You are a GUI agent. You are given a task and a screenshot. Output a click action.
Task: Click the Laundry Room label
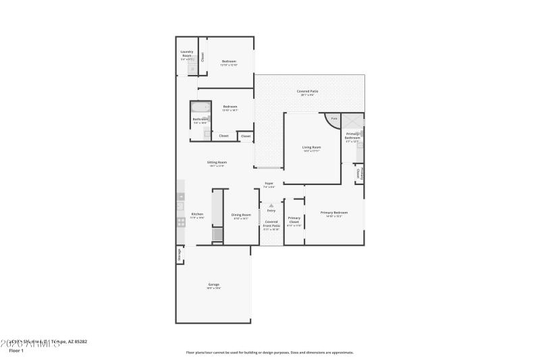pos(187,53)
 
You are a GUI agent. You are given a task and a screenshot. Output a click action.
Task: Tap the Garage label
pos(213,284)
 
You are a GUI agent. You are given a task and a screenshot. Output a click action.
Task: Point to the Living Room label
pos(311,147)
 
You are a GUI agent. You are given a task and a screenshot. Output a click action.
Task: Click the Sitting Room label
pos(217,162)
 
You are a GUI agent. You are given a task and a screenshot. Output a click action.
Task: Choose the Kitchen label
pos(196,214)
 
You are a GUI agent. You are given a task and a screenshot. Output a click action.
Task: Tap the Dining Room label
pos(241,215)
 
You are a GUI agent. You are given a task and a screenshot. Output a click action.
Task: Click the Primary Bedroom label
pos(334,213)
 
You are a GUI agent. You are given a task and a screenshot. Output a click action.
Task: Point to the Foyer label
pos(269,183)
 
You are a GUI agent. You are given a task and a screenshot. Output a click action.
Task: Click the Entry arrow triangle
pos(271,205)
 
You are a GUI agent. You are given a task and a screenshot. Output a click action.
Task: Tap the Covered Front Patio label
pos(271,224)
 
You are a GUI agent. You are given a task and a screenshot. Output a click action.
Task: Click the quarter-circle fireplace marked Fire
pos(333,120)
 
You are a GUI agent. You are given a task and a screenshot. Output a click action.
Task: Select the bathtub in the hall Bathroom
pos(200,107)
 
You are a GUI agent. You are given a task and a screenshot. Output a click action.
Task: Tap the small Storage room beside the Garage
pos(180,255)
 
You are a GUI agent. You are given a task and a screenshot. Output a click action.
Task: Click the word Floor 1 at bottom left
pos(16,351)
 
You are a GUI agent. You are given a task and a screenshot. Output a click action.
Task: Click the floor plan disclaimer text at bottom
pos(269,352)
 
